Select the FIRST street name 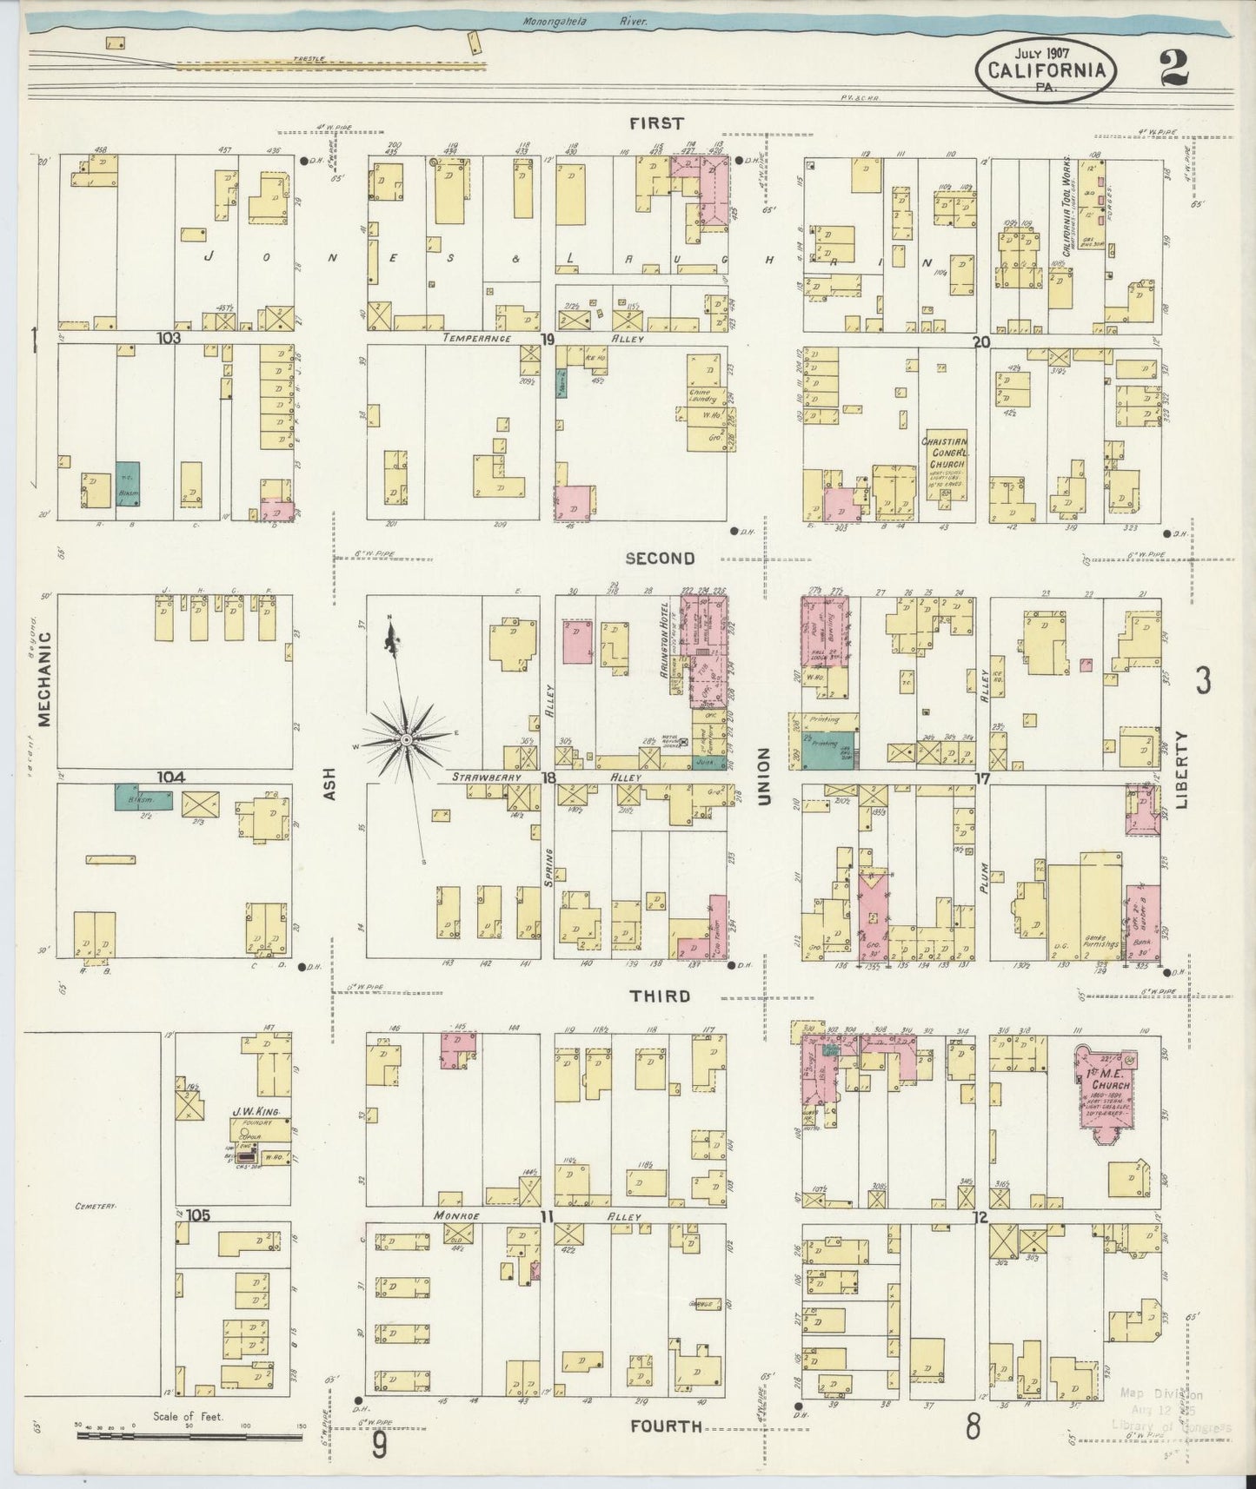pos(657,124)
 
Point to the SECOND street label pos(660,559)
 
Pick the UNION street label pos(764,775)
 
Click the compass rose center pos(405,739)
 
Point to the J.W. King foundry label pos(249,1111)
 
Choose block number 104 pos(170,776)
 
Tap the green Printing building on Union pos(827,750)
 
